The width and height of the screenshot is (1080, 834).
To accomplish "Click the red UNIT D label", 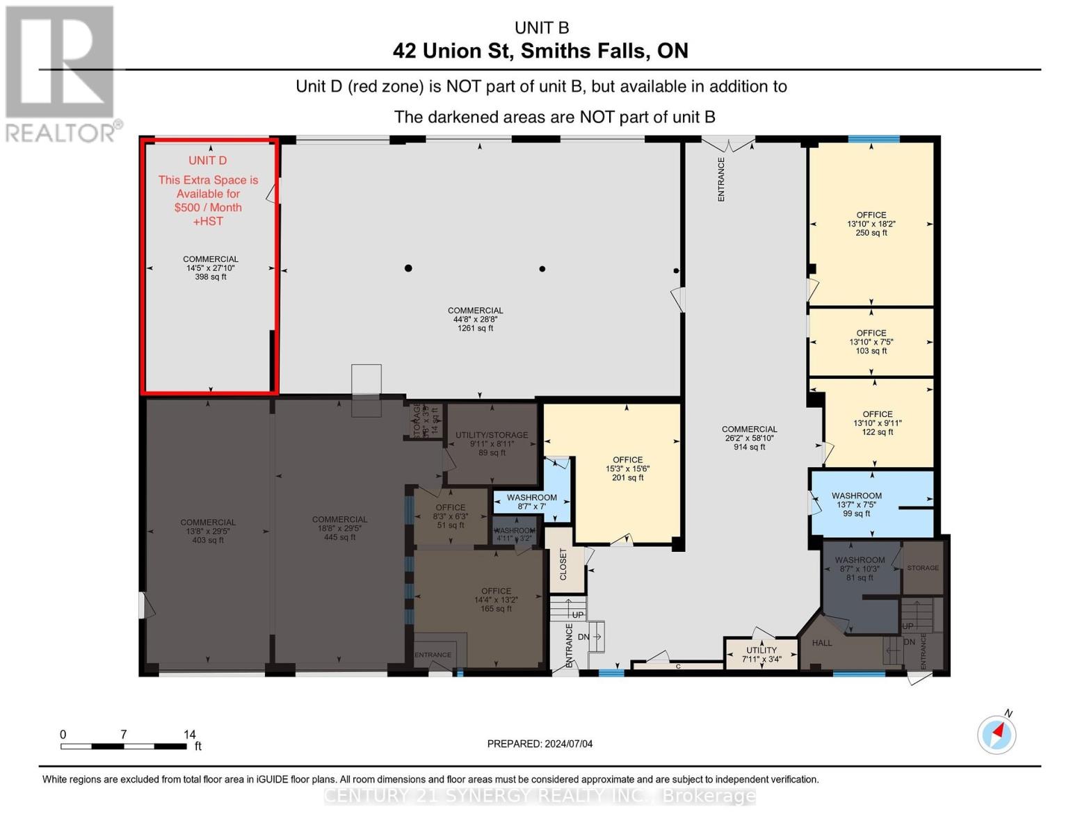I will click(207, 161).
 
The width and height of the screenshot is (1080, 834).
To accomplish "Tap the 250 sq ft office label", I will click(871, 224).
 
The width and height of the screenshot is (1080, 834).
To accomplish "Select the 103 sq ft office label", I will click(871, 342).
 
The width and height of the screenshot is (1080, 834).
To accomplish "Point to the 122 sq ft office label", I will click(877, 423).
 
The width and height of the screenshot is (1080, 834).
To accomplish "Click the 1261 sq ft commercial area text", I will click(475, 319).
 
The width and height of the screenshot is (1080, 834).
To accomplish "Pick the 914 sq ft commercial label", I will click(749, 438).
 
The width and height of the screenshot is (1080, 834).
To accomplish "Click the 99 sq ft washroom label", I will click(856, 505).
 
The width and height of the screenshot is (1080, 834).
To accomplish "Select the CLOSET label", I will click(563, 564).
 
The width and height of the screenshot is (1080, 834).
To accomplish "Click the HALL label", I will click(822, 643).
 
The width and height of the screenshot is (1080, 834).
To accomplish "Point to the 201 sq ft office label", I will click(627, 468).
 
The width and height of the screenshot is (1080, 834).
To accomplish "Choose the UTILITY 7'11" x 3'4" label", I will click(761, 655).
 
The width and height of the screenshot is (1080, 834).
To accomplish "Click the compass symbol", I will click(997, 734).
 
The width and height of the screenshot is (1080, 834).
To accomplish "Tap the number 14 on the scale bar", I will click(190, 734).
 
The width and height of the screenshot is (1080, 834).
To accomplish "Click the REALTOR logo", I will click(60, 73).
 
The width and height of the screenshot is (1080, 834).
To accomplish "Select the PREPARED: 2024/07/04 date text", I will click(540, 744).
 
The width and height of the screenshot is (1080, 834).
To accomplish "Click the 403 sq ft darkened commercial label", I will click(208, 531).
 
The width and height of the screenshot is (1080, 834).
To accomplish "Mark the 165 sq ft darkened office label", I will click(496, 600).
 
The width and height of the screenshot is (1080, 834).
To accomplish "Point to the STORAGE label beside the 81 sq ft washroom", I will click(923, 568).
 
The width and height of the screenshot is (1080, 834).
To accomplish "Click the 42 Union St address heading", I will click(540, 51).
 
